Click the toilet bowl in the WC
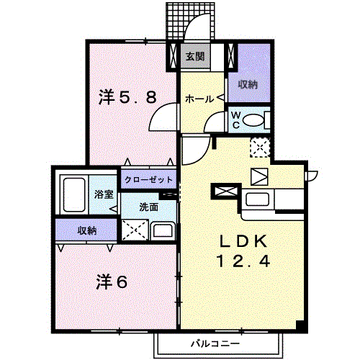tap(256, 121)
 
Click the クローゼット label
tap(148, 180)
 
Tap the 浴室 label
tap(104, 194)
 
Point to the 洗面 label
tap(149, 207)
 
